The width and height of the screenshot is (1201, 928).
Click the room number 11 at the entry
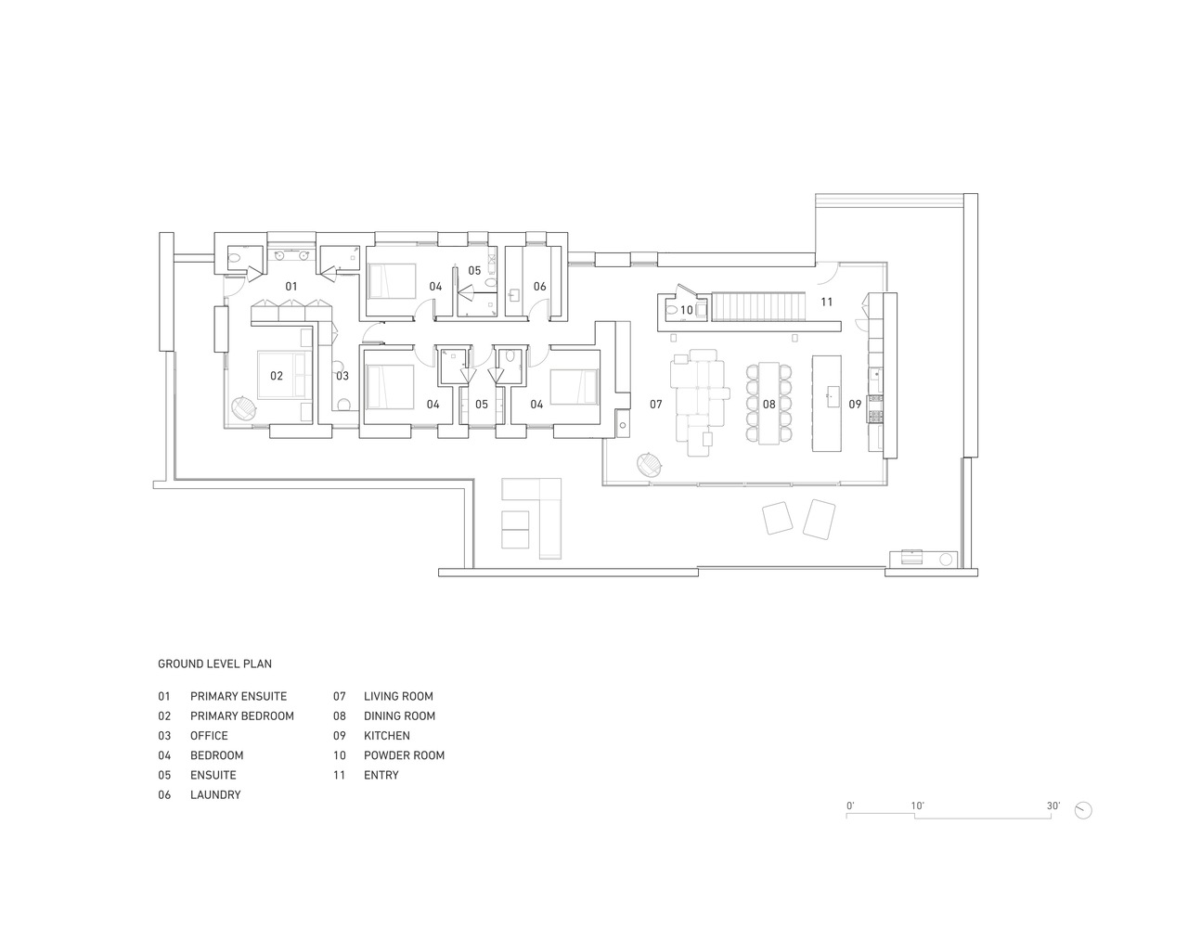pos(826,303)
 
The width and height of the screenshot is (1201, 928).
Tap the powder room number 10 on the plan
pos(687,311)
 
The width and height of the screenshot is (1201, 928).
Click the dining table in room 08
pos(768,404)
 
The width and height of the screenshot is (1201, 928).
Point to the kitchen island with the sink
pos(827,404)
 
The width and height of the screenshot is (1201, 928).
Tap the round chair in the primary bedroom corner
pos(244,408)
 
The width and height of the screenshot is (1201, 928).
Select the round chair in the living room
pos(650,465)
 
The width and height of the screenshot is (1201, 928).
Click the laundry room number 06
pos(539,286)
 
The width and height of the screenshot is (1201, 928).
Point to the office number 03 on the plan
pos(342,376)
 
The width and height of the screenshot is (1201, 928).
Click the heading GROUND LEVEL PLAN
pos(215,664)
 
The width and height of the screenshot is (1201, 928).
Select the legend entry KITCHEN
pos(387,736)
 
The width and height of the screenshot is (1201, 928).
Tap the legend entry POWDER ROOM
pos(404,755)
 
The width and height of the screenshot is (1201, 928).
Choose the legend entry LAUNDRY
pos(215,795)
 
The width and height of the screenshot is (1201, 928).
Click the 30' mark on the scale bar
pos(1052,806)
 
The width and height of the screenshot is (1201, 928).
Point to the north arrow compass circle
pos(1083,810)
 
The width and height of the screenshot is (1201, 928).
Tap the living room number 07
pos(655,405)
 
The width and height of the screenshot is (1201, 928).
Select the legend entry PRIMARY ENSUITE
pos(239,697)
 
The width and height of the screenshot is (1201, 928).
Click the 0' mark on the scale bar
pos(850,806)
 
